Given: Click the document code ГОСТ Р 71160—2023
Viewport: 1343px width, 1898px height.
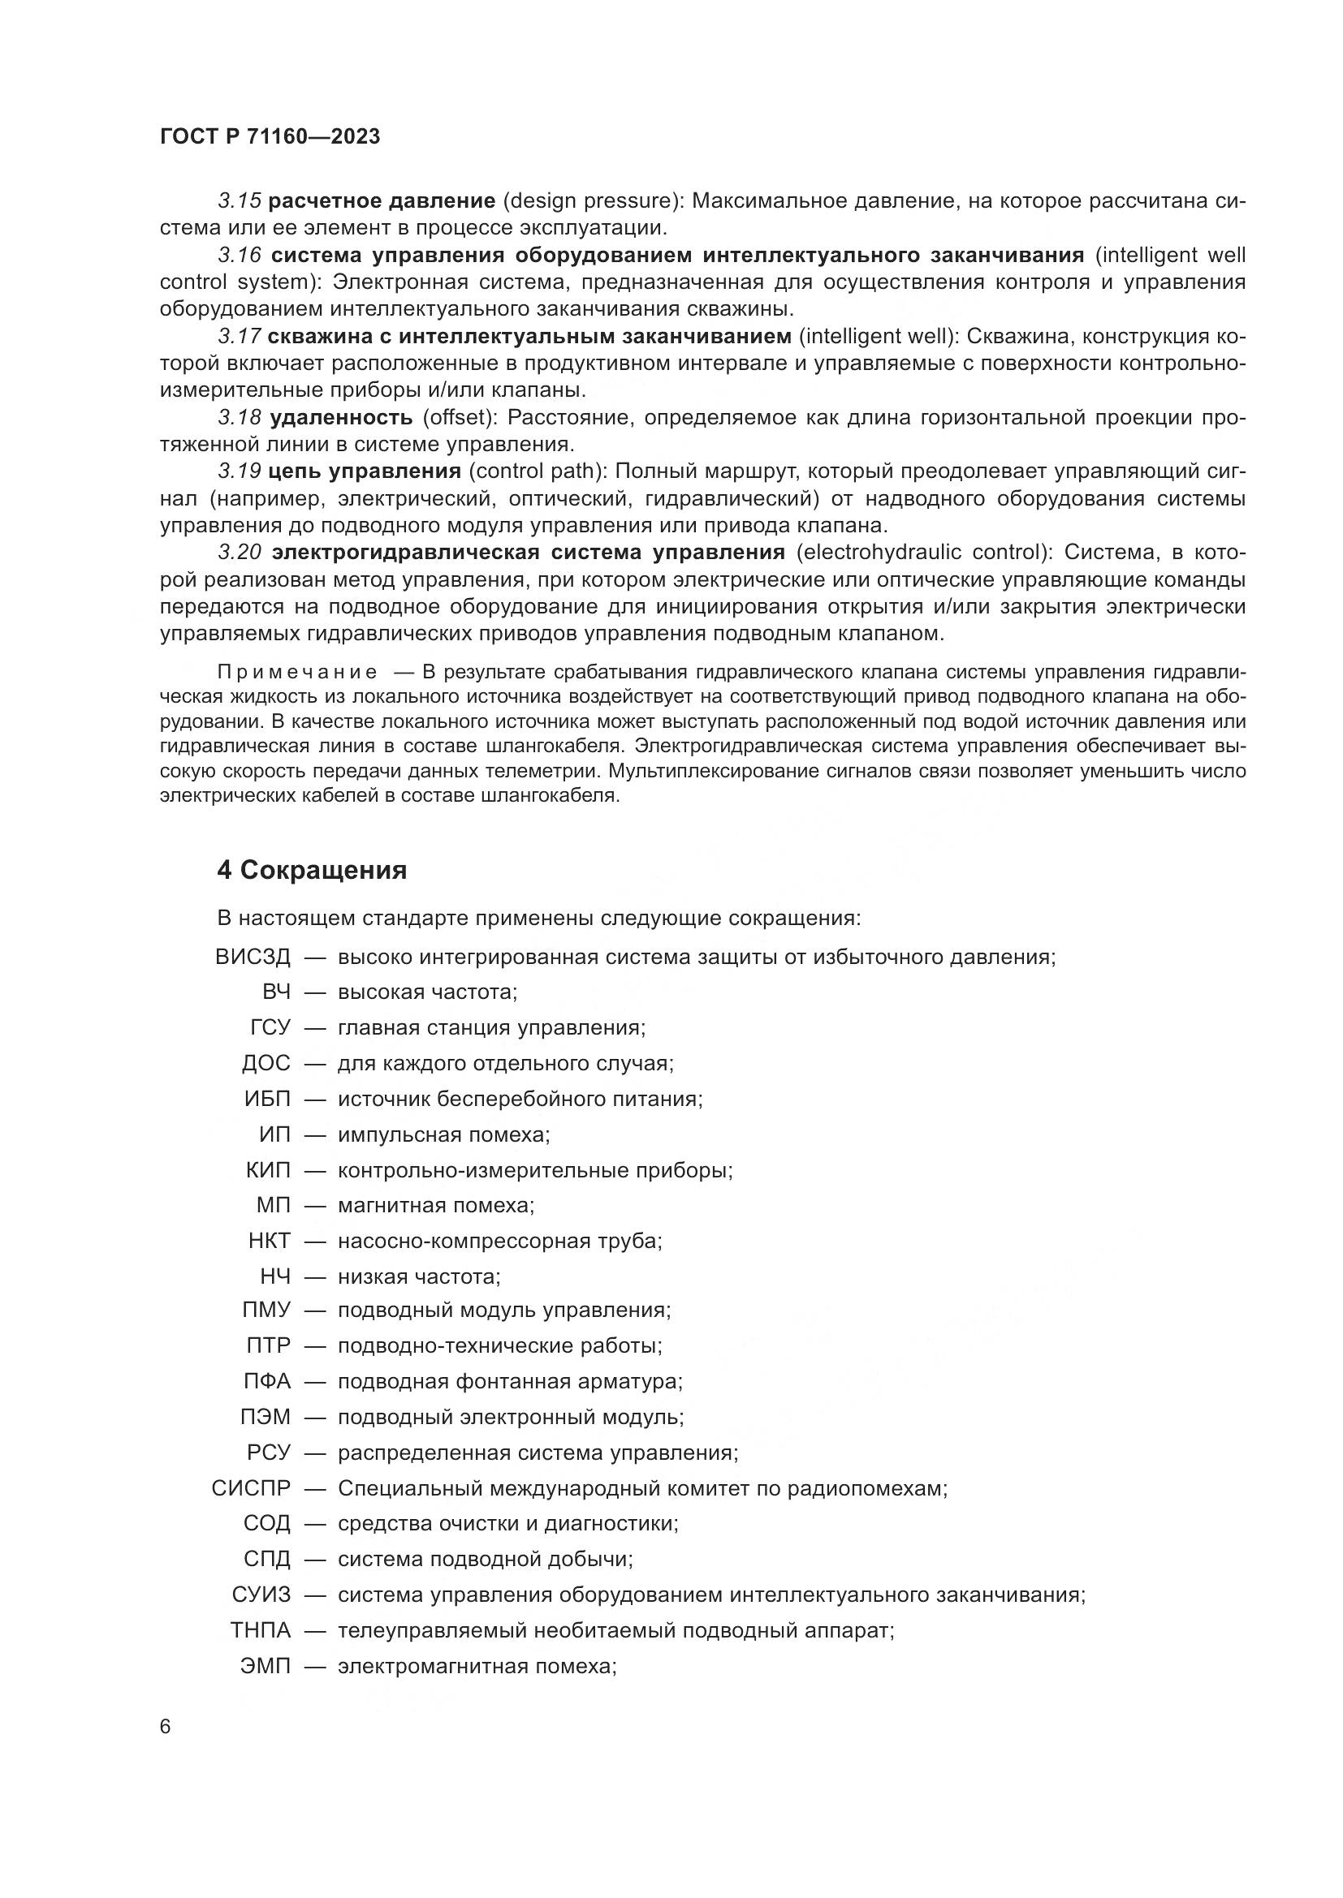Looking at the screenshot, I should point(270,136).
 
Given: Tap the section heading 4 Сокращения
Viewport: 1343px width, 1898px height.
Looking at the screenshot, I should point(312,871).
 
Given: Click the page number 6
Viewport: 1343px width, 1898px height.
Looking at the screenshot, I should point(166,1728).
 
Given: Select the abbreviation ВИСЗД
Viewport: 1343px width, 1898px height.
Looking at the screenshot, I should point(253,958).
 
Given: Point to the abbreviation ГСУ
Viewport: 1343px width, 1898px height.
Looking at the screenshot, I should point(270,1027).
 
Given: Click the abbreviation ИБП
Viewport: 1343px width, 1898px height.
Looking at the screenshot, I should point(267,1100).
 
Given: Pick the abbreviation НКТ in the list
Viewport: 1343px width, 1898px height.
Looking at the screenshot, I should point(270,1241).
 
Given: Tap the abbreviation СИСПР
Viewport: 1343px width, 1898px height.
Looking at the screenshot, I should point(252,1489).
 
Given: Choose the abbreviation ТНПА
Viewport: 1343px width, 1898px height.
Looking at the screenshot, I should point(261,1630).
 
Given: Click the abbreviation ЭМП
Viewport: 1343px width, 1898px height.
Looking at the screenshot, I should point(266,1666).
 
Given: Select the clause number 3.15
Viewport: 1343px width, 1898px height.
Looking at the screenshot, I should point(240,201).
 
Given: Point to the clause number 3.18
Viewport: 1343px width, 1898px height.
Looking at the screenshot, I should point(240,417).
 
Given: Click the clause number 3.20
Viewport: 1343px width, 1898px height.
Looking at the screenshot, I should point(240,553).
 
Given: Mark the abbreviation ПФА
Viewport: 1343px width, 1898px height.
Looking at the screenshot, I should point(267,1381).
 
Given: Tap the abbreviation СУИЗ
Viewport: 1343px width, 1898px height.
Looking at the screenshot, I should point(261,1595).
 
